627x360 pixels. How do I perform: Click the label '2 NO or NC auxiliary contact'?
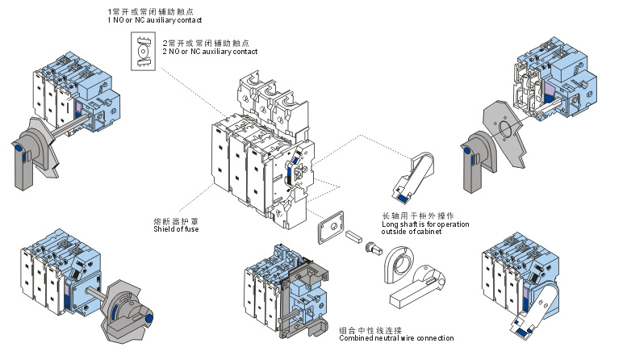pos(209,51)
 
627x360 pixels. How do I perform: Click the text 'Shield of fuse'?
pos(176,229)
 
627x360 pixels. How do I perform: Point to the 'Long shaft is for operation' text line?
pos(424,224)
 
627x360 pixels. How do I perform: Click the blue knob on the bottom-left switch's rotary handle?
pos(148,320)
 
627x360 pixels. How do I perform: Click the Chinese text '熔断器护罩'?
pos(172,220)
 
